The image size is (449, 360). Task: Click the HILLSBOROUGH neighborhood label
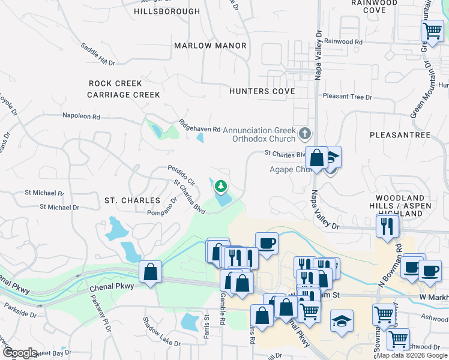click(x=167, y=11)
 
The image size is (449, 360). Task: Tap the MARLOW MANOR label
click(x=210, y=46)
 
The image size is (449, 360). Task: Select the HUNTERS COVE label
click(x=262, y=91)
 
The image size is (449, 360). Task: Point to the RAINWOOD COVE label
click(x=373, y=7)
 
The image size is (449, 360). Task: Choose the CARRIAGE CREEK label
click(x=124, y=95)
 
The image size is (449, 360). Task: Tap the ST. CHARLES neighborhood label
click(x=132, y=200)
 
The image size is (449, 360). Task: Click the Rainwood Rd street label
click(x=343, y=42)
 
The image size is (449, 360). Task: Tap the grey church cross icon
click(x=306, y=133)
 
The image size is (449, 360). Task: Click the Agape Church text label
click(x=289, y=169)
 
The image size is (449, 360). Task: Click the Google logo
click(x=20, y=353)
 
